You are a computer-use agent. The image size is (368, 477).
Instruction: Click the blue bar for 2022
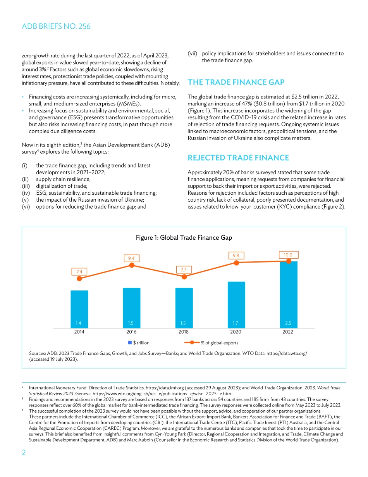point(289,295)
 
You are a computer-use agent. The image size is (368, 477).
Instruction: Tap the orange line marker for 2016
point(132,265)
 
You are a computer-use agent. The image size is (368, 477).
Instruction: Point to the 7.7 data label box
point(184,269)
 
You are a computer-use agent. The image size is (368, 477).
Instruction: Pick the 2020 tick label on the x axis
point(236,332)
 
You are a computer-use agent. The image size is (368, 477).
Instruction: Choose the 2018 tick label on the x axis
point(184,332)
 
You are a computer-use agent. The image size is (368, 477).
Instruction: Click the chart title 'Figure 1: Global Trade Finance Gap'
point(184,237)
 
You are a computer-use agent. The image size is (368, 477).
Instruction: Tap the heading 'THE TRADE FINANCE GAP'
point(236,82)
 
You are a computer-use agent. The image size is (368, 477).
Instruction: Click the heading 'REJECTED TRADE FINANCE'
point(238,157)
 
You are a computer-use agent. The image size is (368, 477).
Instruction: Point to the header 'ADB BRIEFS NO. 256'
point(56,26)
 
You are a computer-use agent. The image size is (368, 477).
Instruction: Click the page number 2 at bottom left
point(24,453)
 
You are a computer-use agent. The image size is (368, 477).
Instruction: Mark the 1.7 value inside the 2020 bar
point(236,323)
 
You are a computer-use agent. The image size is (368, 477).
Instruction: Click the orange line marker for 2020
point(236,263)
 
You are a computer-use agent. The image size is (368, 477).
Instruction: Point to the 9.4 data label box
point(131,258)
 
